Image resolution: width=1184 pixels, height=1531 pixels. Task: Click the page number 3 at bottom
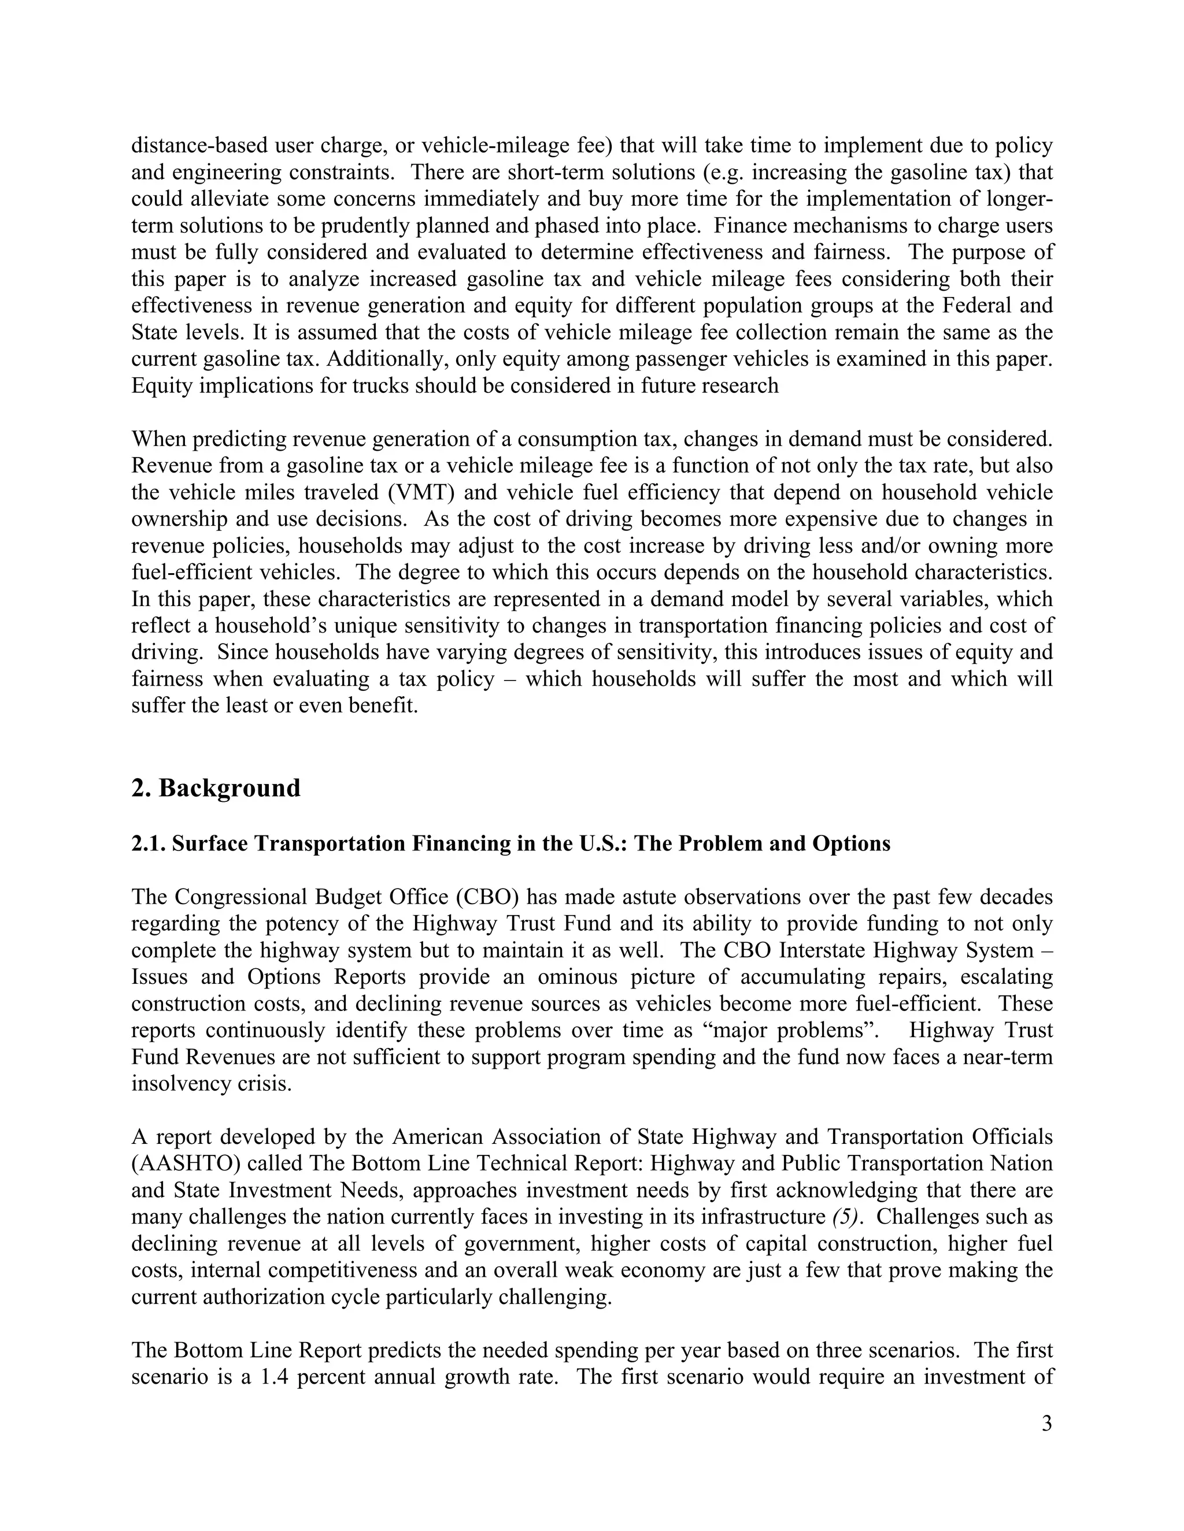click(1046, 1424)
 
